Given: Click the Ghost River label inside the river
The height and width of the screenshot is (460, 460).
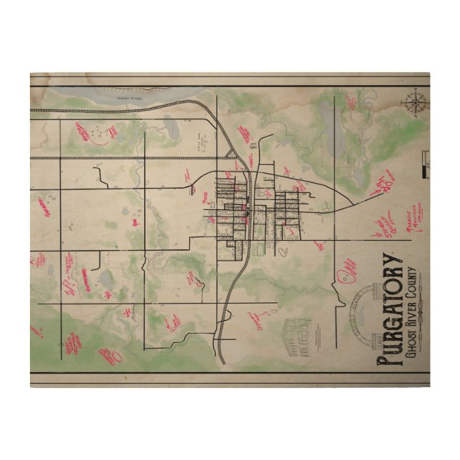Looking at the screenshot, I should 126,95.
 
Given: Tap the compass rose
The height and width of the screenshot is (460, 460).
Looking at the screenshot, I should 412,104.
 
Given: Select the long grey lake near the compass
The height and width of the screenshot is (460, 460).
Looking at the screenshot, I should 330,129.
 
